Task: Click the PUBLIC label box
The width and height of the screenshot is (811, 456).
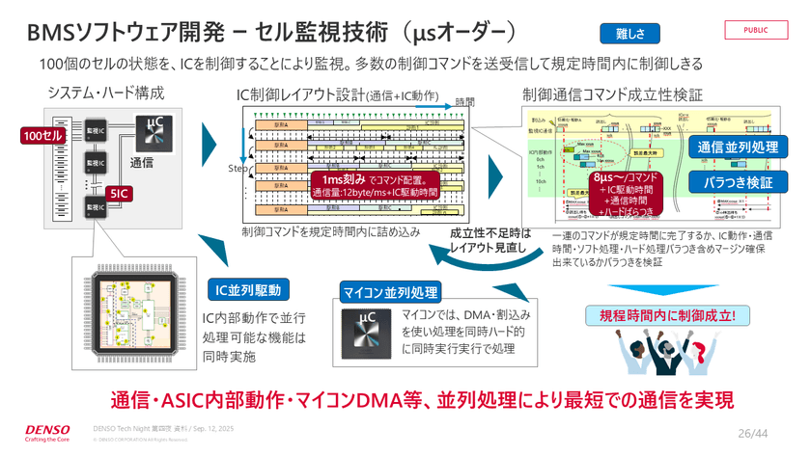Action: click(756, 29)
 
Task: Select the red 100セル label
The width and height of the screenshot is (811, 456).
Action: click(42, 136)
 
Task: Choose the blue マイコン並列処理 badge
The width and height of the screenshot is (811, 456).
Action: click(390, 291)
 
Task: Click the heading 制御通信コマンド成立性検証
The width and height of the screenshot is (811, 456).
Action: click(612, 94)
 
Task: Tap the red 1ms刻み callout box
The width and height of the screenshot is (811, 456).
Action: click(374, 185)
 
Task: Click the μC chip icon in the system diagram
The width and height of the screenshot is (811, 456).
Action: click(154, 132)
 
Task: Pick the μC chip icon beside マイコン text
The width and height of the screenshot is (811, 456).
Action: click(366, 329)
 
